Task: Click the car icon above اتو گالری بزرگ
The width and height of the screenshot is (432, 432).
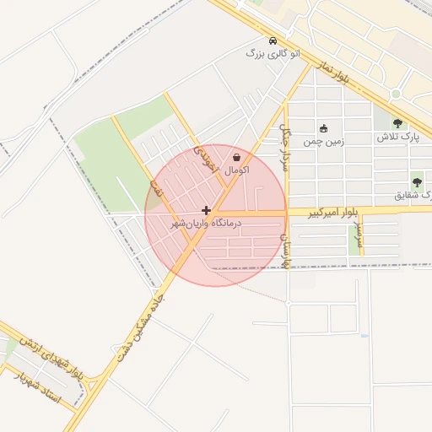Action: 272,40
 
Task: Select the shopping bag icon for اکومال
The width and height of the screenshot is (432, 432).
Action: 237,157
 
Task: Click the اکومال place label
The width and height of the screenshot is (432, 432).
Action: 237,170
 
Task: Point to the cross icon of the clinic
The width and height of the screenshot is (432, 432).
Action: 206,210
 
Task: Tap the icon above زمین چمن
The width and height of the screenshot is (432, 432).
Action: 324,128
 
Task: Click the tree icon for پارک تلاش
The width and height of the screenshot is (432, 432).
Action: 397,124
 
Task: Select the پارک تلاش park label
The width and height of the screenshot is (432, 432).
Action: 393,137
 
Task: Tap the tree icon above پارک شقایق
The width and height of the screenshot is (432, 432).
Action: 417,182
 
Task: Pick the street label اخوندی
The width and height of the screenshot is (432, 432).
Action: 205,159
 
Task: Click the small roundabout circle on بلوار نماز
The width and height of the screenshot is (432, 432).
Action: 395,94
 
